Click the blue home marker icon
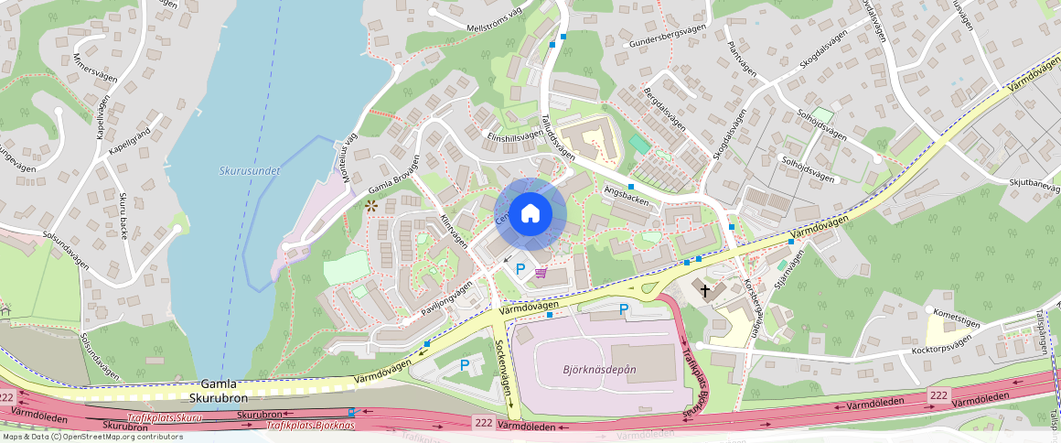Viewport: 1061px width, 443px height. [x=530, y=214]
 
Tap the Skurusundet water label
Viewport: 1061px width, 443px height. [x=250, y=170]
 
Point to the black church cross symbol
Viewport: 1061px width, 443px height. [x=705, y=291]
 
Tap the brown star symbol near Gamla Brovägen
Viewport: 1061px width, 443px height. [x=371, y=206]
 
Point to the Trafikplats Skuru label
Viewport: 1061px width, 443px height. [x=164, y=417]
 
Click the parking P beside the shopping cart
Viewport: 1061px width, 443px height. [x=521, y=269]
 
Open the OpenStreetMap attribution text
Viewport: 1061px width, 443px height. [x=91, y=437]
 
